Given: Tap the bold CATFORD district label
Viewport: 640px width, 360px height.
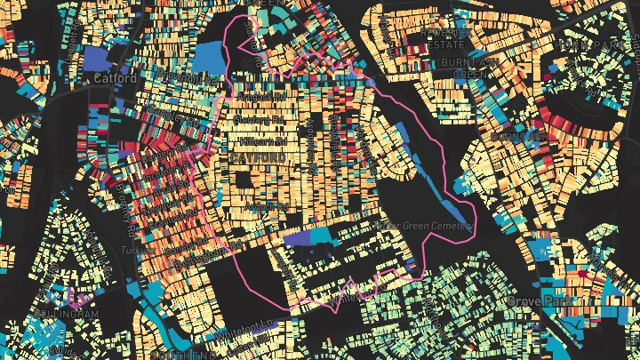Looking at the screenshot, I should click(x=260, y=157).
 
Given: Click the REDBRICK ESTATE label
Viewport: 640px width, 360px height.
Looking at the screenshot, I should click(x=445, y=37).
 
